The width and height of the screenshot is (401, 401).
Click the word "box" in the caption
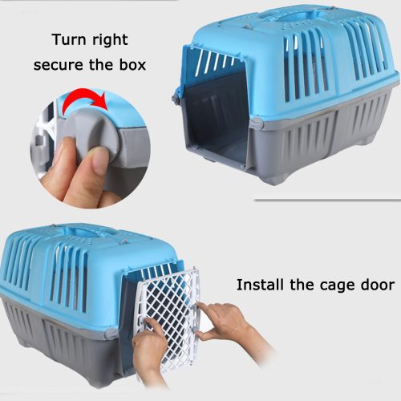coord(140,63)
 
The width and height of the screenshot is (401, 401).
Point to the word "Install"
coord(261,285)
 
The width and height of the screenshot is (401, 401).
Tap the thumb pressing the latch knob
coord(84,165)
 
